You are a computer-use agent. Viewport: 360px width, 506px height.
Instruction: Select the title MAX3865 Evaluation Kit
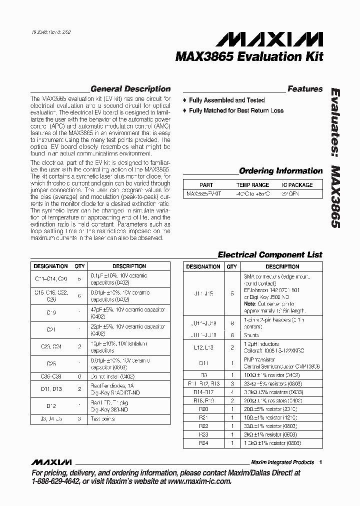point(249,56)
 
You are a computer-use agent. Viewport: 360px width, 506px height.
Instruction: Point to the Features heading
point(305,89)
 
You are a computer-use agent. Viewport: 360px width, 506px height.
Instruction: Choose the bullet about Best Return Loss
point(236,110)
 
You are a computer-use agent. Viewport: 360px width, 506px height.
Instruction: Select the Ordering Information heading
point(280,171)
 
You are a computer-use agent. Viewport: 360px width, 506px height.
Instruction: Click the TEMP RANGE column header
point(252,184)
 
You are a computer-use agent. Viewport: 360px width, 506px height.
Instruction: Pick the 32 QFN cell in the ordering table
point(290,193)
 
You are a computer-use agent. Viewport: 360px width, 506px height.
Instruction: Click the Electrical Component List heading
point(270,254)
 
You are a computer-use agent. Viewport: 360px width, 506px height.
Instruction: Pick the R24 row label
point(203,442)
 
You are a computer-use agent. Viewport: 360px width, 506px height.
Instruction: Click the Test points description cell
point(103,418)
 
